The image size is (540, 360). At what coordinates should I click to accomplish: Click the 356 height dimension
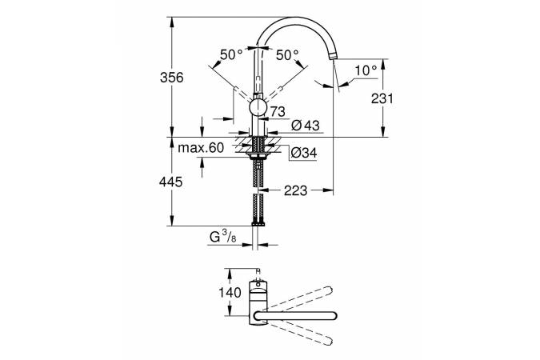(171, 78)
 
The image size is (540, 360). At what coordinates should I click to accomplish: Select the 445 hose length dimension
(171, 182)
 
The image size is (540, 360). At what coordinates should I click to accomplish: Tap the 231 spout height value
(382, 99)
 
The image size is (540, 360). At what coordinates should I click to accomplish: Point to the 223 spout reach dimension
(295, 190)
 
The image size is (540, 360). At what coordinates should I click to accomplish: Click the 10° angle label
(366, 70)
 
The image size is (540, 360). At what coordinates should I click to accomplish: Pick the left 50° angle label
(231, 54)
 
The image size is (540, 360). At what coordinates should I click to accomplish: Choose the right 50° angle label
(287, 54)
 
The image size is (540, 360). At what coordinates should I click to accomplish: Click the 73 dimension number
(278, 112)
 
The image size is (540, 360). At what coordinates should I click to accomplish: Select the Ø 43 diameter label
(305, 126)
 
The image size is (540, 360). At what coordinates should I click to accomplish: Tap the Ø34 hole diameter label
(303, 153)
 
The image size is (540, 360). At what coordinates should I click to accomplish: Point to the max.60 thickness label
(201, 148)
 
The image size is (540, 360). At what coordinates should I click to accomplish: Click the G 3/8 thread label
(222, 237)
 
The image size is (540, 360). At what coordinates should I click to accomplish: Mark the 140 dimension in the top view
(230, 293)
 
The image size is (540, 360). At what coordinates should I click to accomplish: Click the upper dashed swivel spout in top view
(301, 296)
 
